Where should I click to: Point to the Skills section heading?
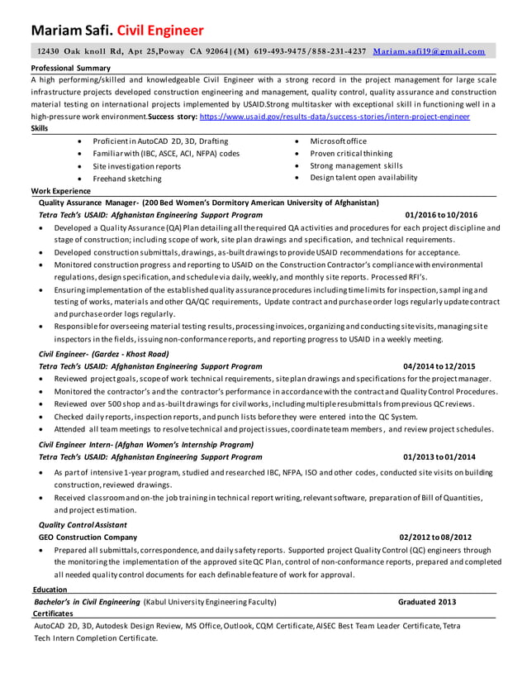(39, 129)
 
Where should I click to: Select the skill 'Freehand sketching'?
(127, 179)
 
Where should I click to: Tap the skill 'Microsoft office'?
(338, 141)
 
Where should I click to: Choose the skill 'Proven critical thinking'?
(351, 154)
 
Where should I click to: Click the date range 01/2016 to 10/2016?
(441, 214)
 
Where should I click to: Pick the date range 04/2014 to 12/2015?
(439, 365)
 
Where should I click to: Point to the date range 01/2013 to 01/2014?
(439, 456)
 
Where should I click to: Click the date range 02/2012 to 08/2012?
(435, 536)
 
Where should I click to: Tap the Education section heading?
(50, 590)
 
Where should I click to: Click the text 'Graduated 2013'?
(426, 602)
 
